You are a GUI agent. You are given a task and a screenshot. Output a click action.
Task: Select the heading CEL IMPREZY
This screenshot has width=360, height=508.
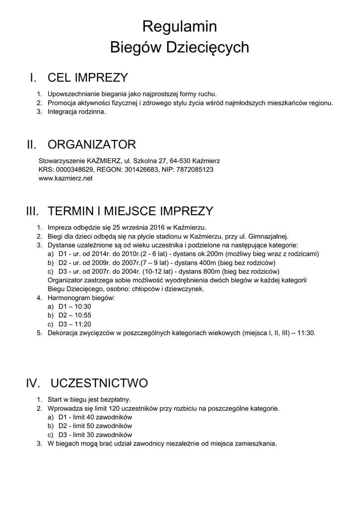(x=87, y=78)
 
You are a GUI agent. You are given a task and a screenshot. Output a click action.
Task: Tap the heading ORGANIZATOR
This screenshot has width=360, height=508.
(x=91, y=145)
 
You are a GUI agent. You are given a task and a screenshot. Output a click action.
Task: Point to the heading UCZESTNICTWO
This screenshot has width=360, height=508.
(x=99, y=383)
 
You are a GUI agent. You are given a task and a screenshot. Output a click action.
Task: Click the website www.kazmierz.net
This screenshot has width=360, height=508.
(x=66, y=179)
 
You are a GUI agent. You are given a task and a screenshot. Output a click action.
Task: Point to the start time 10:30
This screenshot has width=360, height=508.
(x=81, y=307)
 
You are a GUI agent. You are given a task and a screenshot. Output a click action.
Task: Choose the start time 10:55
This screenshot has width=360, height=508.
(x=81, y=316)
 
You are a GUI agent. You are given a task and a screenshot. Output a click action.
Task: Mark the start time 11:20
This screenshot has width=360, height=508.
(x=81, y=324)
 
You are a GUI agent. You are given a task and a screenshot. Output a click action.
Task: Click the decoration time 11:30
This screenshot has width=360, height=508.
(x=306, y=333)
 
